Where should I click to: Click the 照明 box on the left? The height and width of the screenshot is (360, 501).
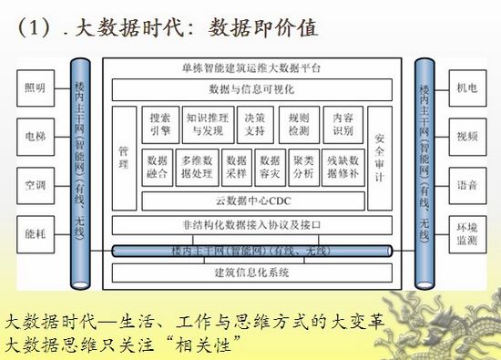click(x=34, y=89)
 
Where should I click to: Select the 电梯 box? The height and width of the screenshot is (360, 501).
click(x=34, y=138)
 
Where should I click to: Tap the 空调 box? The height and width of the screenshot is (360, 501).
click(x=34, y=185)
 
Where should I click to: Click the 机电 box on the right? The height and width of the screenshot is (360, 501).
click(x=466, y=89)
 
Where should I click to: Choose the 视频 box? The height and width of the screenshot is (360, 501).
click(x=466, y=138)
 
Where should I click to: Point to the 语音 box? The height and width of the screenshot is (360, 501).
click(x=466, y=185)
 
